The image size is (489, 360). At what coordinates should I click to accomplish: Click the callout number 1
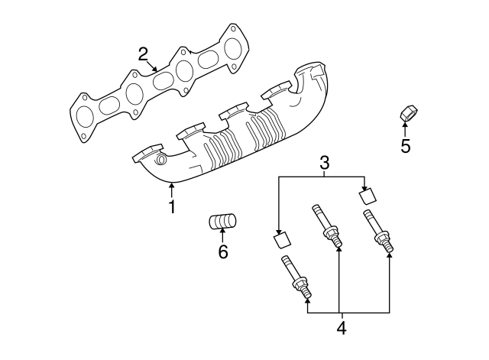tap(172, 206)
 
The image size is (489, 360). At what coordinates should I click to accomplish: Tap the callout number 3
tap(324, 162)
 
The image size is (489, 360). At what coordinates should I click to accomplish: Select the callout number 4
tap(341, 328)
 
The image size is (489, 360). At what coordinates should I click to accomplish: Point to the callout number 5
tap(405, 144)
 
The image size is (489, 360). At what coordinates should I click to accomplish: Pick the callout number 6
tap(223, 251)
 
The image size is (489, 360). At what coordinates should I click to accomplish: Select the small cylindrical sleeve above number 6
tap(222, 223)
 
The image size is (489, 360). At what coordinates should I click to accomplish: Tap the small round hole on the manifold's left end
tap(160, 161)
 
